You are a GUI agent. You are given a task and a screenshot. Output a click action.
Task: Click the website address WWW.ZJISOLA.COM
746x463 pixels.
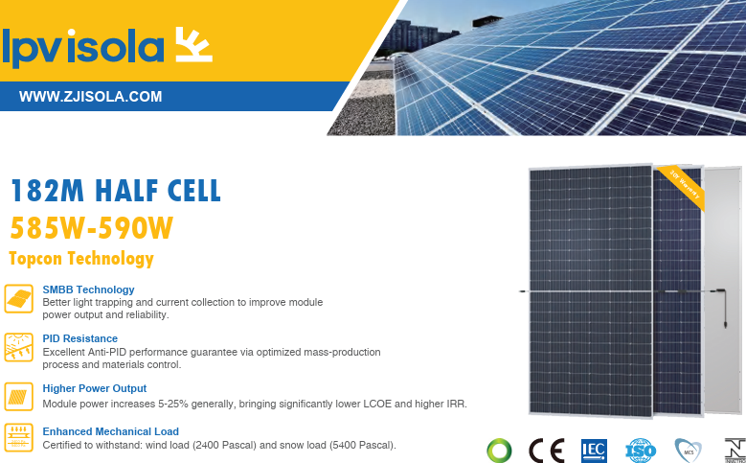pos(90,97)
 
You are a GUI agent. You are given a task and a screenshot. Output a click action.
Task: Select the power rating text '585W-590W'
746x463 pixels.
pos(92,229)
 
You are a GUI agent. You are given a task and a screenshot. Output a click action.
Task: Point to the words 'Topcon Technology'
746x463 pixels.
pos(80,259)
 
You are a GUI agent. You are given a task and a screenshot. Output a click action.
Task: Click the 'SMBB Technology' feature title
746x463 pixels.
pos(88,289)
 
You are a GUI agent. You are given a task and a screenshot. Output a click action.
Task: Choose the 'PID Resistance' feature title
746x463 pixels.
pos(80,338)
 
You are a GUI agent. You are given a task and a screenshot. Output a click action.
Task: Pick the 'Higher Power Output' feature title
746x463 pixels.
pos(95,388)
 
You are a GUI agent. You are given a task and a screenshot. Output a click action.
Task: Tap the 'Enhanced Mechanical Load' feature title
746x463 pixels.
pos(111,431)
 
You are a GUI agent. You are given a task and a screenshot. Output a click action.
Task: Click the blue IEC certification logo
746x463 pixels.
pos(594,450)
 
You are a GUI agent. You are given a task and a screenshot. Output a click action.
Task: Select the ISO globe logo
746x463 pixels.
pos(639,450)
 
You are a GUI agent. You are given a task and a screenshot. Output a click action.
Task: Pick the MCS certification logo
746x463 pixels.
pos(688,450)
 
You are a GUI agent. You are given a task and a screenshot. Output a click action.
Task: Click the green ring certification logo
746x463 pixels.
pos(498,450)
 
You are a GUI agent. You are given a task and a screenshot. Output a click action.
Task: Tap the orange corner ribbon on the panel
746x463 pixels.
pos(681,185)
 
